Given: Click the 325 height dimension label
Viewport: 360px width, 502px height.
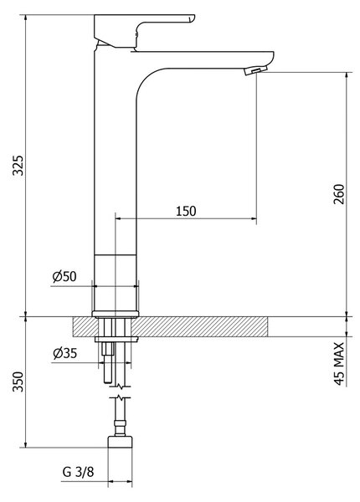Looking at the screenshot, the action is coord(18,165).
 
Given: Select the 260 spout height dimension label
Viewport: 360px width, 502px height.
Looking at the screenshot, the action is coord(339,194).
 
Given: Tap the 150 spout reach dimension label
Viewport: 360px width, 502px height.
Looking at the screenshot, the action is coord(186,211).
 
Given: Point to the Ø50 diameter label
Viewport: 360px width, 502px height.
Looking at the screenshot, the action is coord(64,276).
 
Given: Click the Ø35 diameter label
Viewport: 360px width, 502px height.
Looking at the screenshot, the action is coord(65,353).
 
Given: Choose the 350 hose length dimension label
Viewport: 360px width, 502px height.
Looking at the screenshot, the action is coord(18,382).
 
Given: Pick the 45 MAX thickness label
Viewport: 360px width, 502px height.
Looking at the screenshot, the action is coord(339,364).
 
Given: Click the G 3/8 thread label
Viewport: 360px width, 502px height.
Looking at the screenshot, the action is coord(78,472).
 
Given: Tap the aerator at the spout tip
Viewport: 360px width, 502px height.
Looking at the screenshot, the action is coord(255,70).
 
